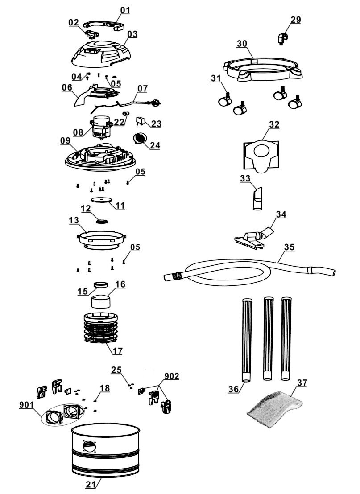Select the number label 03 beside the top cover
click(132, 34)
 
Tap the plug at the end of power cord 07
click(157, 102)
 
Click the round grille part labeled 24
click(139, 138)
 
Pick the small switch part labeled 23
click(140, 121)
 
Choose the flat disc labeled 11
click(101, 200)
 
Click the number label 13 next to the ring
click(74, 220)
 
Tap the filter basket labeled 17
click(101, 328)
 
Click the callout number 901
click(26, 404)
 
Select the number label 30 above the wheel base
click(242, 44)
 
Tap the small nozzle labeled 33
click(257, 198)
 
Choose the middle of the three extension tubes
click(268, 338)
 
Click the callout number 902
click(171, 376)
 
